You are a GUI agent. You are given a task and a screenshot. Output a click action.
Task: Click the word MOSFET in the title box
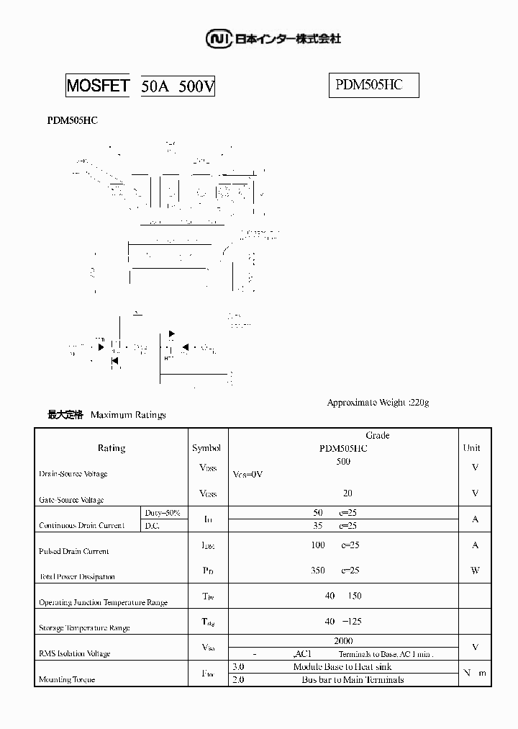point(98,86)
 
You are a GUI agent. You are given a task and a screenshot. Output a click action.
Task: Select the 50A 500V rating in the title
point(178,87)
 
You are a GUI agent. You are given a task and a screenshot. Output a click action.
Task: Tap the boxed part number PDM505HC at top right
point(369,85)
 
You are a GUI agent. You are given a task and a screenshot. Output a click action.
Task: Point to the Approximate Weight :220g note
point(378,402)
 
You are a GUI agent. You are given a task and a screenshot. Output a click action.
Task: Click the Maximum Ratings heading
point(128,415)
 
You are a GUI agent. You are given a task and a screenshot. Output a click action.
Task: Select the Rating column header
point(112,448)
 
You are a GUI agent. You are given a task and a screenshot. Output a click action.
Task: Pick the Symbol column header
point(206,448)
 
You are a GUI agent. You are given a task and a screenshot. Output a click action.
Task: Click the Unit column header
point(471,448)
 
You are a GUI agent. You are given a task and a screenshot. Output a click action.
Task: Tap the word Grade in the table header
point(378,435)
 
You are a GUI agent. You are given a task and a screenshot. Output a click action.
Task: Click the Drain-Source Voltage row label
point(73,474)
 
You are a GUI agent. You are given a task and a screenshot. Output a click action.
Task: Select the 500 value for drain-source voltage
point(343,462)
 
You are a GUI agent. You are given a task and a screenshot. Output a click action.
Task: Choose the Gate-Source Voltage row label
point(71,499)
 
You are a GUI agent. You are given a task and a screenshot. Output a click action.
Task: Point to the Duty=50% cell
point(162,512)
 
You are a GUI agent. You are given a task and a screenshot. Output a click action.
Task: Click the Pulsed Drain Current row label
point(73,551)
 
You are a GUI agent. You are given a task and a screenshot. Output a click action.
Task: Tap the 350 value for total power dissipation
point(318,571)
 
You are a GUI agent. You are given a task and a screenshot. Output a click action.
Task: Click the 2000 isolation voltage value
point(343,640)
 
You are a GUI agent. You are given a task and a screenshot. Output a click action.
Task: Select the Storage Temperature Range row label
point(84,628)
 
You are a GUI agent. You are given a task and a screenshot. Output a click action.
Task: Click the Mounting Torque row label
point(67,679)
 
